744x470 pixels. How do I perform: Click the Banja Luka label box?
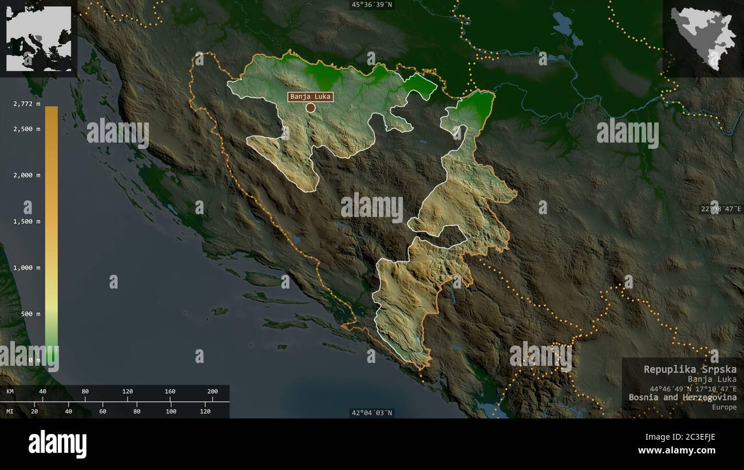click(x=311, y=96)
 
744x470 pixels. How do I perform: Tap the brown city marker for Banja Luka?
click(x=310, y=108)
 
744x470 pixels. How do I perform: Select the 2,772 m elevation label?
click(x=27, y=103)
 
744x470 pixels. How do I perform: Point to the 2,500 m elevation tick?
click(x=27, y=129)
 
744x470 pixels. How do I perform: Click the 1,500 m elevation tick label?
click(x=27, y=222)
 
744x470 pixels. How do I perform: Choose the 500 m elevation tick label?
click(x=30, y=314)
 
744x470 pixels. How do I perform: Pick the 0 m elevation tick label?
click(x=34, y=360)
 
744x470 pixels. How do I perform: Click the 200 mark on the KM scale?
click(x=212, y=392)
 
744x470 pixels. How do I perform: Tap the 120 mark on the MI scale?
click(x=205, y=411)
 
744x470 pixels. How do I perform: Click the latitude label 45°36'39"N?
click(x=372, y=5)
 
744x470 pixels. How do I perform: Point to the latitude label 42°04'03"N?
click(x=372, y=413)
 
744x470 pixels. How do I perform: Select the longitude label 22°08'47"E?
click(x=721, y=209)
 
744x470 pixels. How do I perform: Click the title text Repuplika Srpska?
click(x=690, y=369)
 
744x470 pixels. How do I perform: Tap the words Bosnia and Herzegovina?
click(x=682, y=397)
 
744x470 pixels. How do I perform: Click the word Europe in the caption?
click(x=725, y=407)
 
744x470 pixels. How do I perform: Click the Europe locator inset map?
click(x=39, y=38)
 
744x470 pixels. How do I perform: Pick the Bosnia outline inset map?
click(x=703, y=38)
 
